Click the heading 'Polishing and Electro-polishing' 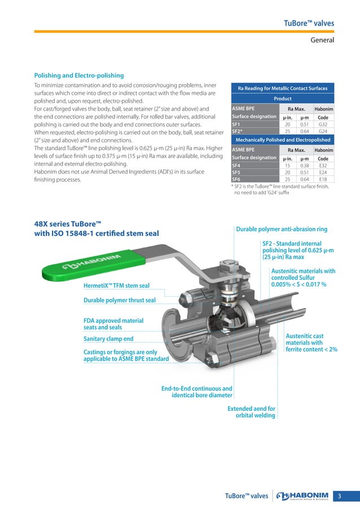[x=79, y=75]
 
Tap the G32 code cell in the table [x=323, y=125]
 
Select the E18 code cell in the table [x=323, y=179]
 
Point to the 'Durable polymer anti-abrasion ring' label [x=281, y=229]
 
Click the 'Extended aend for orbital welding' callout [x=251, y=412]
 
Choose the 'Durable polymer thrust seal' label [x=119, y=300]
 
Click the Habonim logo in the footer [x=305, y=496]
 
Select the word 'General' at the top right [x=323, y=40]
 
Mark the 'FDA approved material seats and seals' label [x=113, y=324]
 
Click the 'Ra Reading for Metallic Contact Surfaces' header [x=283, y=88]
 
